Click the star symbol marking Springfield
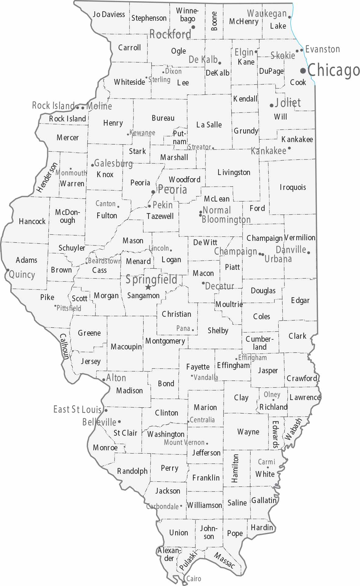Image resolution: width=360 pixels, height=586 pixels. click(x=148, y=287)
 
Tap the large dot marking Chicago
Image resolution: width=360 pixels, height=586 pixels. click(x=303, y=71)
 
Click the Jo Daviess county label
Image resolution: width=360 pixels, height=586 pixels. click(x=109, y=14)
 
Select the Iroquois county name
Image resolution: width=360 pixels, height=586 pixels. click(x=293, y=187)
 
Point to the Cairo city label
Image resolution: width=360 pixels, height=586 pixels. click(x=194, y=578)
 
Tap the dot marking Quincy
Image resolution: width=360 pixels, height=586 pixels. click(x=8, y=270)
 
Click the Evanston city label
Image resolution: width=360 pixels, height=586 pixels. click(x=323, y=49)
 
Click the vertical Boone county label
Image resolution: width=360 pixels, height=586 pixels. click(x=214, y=21)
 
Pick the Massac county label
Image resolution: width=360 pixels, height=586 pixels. click(x=224, y=560)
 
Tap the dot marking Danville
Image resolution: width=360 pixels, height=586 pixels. click(x=308, y=252)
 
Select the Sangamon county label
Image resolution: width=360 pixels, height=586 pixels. click(x=143, y=295)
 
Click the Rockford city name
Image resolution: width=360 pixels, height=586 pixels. click(x=170, y=34)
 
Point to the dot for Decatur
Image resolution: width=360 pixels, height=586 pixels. click(x=203, y=283)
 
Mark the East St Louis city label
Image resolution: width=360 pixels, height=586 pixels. click(x=77, y=409)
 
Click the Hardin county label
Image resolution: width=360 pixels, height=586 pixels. click(x=262, y=527)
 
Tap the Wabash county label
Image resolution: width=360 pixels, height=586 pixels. click(x=293, y=429)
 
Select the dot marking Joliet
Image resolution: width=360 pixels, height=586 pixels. click(x=271, y=105)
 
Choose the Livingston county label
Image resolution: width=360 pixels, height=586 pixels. click(x=234, y=172)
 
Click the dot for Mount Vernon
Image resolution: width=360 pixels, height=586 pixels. click(x=207, y=444)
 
